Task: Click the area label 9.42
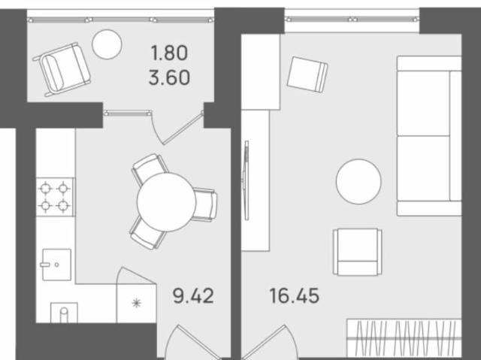192,295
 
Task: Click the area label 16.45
295,295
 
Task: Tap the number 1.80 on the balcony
168,53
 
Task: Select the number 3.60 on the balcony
168,77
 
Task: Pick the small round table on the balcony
107,44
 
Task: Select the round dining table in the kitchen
166,201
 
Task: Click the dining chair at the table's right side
204,203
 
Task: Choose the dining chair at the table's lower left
147,233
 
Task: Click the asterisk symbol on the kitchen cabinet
135,304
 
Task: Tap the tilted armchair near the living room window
308,74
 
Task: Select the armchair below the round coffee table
358,251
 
